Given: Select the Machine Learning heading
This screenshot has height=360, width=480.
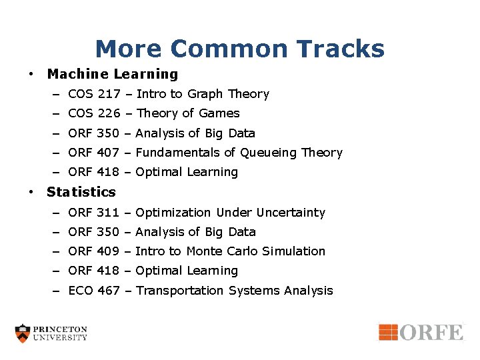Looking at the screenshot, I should [113, 74].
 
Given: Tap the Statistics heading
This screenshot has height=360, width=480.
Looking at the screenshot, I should [81, 192].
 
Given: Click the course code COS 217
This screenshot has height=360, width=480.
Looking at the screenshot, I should [93, 94].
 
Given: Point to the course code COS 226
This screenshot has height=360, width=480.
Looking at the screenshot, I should [93, 113].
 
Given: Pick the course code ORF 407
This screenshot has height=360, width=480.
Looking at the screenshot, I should [93, 153].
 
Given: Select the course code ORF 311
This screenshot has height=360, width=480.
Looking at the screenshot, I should [93, 213].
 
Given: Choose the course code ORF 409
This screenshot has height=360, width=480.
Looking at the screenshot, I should [93, 251].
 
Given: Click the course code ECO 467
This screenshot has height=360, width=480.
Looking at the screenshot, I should [93, 291].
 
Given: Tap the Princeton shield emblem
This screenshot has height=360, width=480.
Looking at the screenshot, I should [23, 333].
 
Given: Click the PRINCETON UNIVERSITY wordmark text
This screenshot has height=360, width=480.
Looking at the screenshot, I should [61, 333].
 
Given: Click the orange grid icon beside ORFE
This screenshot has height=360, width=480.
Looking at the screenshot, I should [388, 331].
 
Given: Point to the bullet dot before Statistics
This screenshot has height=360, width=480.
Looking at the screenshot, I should [31, 192].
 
